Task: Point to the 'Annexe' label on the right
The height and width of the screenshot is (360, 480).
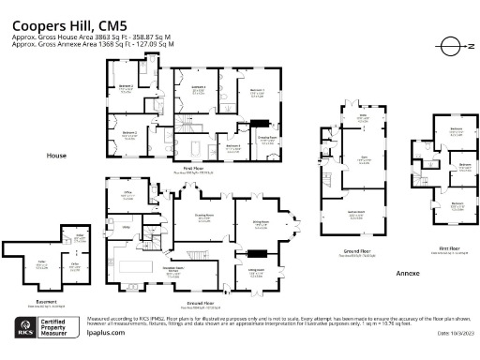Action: coord(407,272)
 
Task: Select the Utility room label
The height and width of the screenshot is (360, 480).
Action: coord(125,227)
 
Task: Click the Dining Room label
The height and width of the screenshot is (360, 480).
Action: coord(261,224)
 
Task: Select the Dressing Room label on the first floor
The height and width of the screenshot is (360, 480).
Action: coord(265,138)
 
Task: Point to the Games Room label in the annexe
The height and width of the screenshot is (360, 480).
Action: coord(356,212)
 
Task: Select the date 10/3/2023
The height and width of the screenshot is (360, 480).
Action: coord(456,333)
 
